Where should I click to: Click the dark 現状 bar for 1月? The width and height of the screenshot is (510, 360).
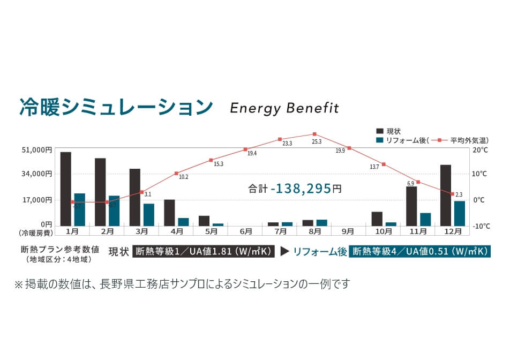(x=65, y=189)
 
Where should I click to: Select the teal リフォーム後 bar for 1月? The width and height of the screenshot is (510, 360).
(x=79, y=209)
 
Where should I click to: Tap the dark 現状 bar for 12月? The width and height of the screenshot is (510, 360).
(x=445, y=195)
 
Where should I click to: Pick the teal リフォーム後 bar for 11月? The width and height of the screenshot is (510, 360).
(x=425, y=219)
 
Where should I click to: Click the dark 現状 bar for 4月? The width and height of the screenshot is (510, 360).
(x=169, y=212)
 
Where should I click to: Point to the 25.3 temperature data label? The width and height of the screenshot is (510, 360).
(x=316, y=142)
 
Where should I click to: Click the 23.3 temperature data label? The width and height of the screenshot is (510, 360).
(x=287, y=144)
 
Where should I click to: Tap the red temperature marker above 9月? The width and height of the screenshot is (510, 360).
(x=349, y=148)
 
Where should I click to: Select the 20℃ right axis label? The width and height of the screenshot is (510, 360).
(x=481, y=151)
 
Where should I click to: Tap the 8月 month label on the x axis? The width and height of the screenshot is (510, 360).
(x=315, y=231)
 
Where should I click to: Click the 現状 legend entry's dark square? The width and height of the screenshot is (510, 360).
(x=380, y=131)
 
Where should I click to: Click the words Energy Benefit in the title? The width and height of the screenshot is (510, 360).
(x=284, y=108)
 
